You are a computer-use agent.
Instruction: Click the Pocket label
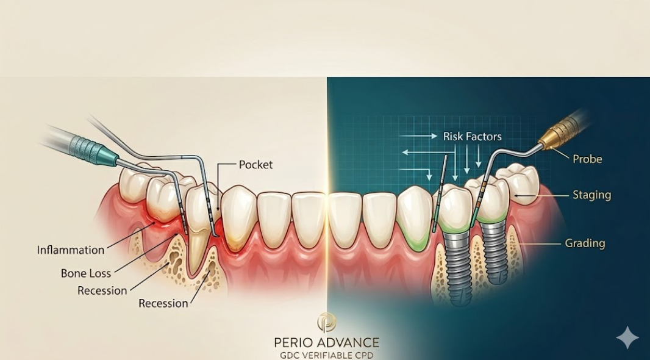tap(255, 165)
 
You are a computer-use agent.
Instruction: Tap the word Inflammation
tap(71, 250)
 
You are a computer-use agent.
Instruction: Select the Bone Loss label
tap(86, 273)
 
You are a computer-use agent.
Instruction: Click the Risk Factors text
tap(472, 137)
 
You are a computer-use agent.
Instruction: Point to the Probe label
tap(587, 159)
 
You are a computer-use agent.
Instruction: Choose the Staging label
tap(591, 195)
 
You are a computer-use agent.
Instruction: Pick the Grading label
tap(585, 243)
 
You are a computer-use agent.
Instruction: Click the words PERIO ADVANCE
tap(327, 342)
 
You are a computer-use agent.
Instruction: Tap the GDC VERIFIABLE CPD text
tap(327, 355)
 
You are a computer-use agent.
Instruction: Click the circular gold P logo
tap(327, 322)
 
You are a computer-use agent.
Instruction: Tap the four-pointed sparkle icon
tap(627, 337)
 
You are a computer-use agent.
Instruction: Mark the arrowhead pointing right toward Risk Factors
tap(434, 136)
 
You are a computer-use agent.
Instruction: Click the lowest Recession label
tap(163, 303)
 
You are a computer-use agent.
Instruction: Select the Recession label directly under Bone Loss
tap(102, 290)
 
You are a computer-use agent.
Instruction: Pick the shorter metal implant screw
tap(495, 253)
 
